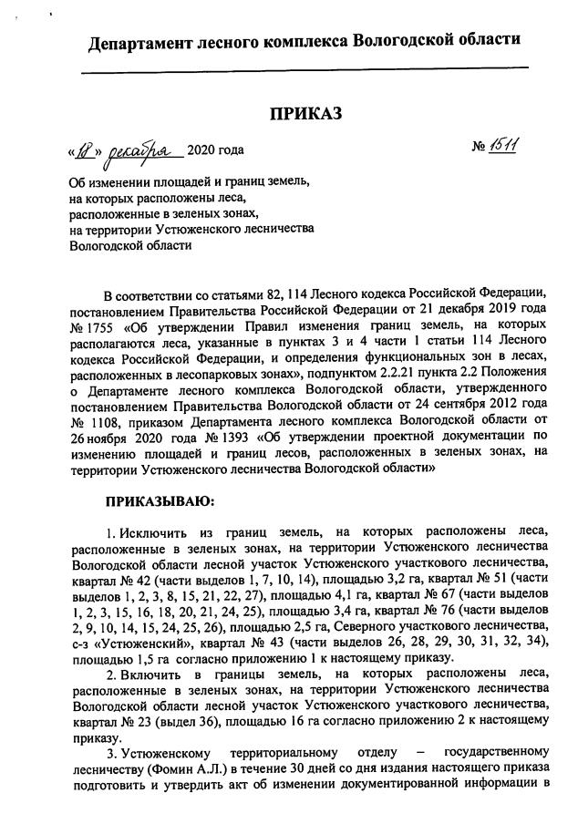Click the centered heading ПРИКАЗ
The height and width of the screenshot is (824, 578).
pos(305,114)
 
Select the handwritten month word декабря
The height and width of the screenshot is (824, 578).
pos(142,149)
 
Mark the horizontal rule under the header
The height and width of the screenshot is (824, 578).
pos(304,70)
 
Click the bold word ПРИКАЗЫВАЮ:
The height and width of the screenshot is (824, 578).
pos(160,501)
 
